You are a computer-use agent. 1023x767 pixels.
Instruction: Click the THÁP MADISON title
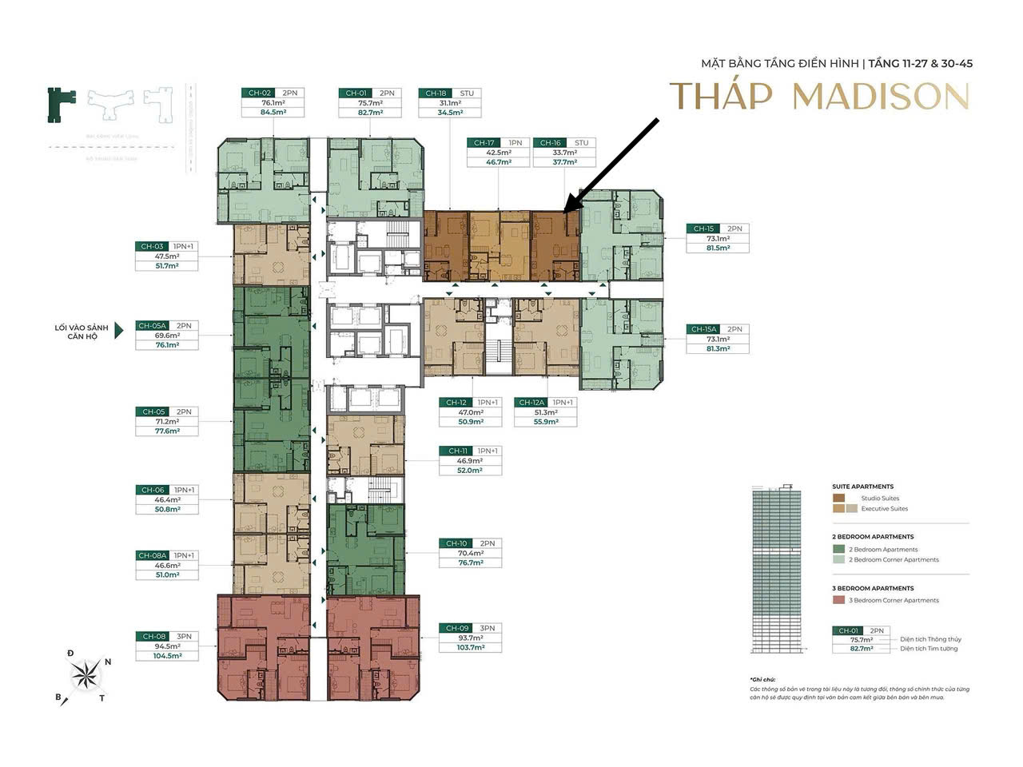click(x=819, y=96)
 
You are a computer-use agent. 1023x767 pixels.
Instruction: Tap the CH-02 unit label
click(x=257, y=93)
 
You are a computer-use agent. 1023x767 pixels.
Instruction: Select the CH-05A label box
click(x=152, y=326)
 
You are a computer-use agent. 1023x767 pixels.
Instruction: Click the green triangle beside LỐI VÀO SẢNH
click(x=119, y=331)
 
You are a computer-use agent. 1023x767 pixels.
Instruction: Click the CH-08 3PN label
click(x=166, y=637)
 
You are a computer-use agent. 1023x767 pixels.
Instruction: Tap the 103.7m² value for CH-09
click(x=470, y=647)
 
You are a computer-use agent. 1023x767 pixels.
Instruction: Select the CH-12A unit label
click(x=531, y=403)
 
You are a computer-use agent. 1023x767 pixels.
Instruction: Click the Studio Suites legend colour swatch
click(x=838, y=498)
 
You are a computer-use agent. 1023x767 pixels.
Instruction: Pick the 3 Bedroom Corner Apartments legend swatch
click(x=838, y=600)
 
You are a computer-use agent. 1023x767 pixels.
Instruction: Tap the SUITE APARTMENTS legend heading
click(x=862, y=487)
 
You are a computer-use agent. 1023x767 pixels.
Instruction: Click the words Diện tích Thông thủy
click(x=930, y=639)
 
